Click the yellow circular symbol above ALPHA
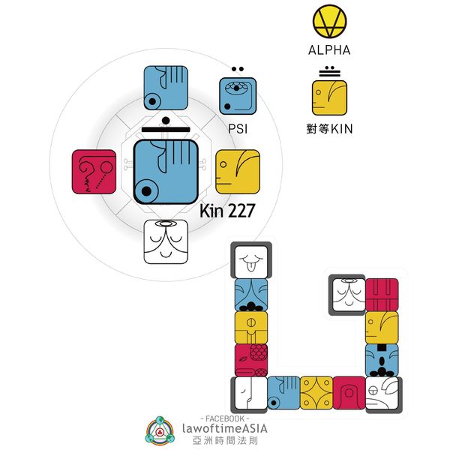[x=329, y=23]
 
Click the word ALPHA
[x=329, y=52]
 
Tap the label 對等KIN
[x=330, y=128]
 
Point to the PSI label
[x=238, y=129]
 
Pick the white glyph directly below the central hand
[x=166, y=241]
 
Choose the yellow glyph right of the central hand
[x=237, y=172]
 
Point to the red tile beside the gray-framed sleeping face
[x=382, y=294]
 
